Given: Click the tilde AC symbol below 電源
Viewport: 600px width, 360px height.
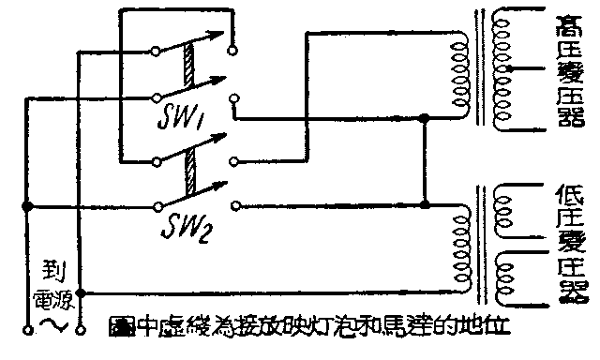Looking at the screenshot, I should click(51, 323).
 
